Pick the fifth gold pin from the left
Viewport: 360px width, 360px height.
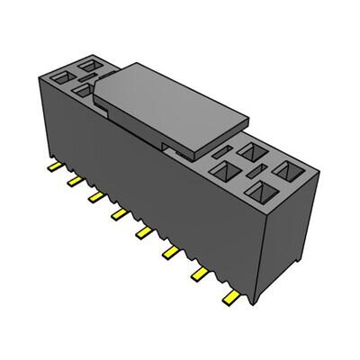[x=142, y=232]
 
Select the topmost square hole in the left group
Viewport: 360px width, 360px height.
[x=90, y=64]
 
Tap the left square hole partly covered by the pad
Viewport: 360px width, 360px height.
[x=83, y=90]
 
